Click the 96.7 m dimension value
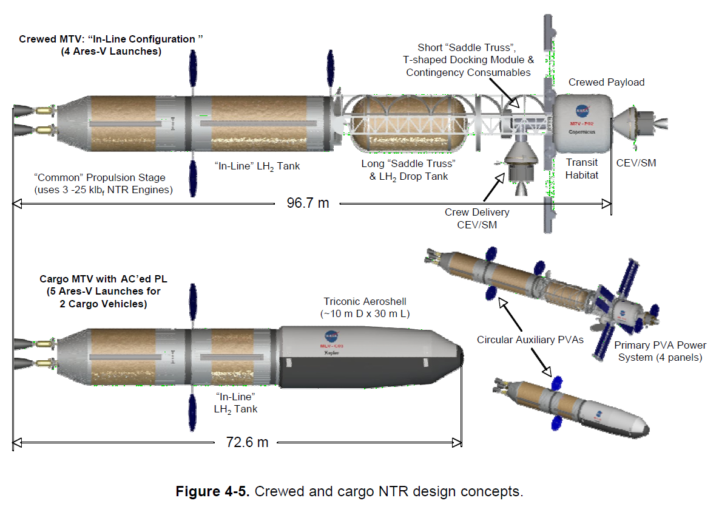coord(308,203)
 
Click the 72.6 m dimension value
coord(247,442)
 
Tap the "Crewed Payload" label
coord(606,82)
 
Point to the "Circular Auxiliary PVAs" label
coord(530,340)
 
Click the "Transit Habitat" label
coord(582,169)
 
